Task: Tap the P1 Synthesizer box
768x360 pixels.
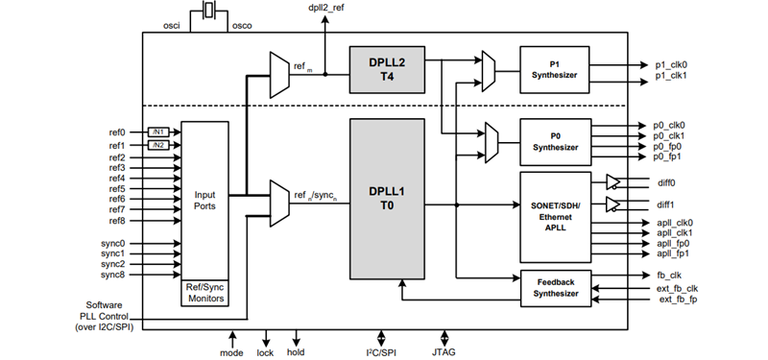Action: [556, 69]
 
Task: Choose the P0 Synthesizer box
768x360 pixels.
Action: [556, 142]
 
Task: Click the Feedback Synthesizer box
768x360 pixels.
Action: [556, 287]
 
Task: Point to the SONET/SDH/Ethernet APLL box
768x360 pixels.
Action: [556, 216]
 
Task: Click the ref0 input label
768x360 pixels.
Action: [117, 132]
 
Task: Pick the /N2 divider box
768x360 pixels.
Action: [158, 145]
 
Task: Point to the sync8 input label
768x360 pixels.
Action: [114, 276]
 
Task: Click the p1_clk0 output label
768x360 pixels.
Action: [672, 65]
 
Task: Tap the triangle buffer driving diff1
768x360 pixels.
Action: [614, 204]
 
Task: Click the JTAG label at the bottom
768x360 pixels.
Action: [444, 352]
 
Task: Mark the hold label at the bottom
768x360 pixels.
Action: [297, 352]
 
